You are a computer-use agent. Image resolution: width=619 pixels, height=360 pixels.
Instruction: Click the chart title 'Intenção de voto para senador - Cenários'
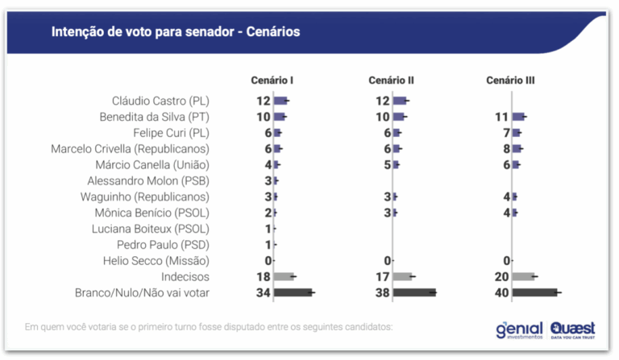(x=175, y=31)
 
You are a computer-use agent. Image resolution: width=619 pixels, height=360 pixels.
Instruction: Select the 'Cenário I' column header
(x=272, y=81)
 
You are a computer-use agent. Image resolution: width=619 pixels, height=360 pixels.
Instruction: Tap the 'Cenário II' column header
(x=391, y=81)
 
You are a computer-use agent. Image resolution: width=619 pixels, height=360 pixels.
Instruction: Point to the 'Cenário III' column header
(x=511, y=81)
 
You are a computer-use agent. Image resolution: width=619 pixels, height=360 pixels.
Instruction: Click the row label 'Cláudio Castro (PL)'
(x=160, y=101)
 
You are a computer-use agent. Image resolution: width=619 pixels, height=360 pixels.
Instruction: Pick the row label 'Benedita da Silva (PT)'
(x=155, y=117)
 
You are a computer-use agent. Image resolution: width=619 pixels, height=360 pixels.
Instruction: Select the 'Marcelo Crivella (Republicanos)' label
(x=130, y=149)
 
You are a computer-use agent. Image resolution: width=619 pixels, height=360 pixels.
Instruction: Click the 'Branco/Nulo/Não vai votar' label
(x=142, y=292)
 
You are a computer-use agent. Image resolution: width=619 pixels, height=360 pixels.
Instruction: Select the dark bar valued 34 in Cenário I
(x=293, y=292)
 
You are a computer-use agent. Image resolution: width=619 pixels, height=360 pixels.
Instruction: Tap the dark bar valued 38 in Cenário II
(x=414, y=292)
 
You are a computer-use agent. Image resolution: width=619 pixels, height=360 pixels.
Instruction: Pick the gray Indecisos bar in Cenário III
(x=523, y=277)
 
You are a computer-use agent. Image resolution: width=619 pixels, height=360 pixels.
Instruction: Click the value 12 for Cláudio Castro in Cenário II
(x=383, y=101)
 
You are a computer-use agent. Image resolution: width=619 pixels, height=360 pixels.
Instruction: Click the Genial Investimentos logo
(x=518, y=329)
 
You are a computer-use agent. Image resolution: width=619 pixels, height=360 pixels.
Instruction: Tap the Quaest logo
(x=574, y=329)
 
